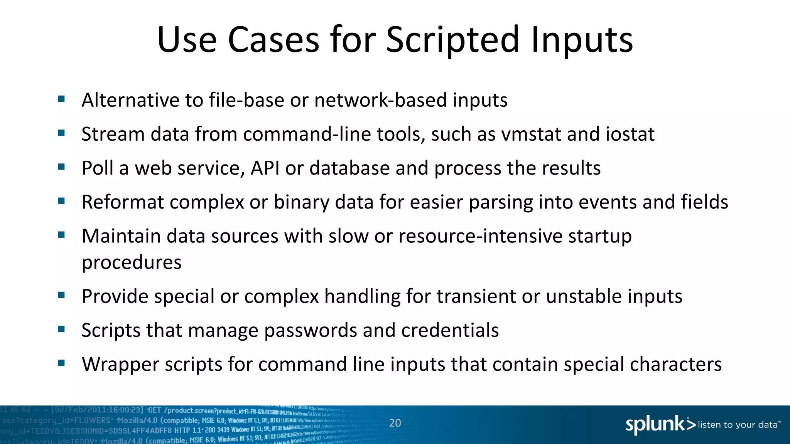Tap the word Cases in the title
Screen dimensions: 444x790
[x=273, y=40]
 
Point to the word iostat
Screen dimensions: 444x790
[x=630, y=134]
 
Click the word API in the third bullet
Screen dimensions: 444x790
[x=265, y=168]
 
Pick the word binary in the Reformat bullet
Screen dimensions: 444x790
[x=301, y=202]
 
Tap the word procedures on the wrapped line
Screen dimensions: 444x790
[x=132, y=263]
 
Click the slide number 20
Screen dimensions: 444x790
[x=395, y=423]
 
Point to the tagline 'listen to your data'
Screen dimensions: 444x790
[x=738, y=425]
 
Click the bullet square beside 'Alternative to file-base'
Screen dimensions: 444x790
[x=61, y=99]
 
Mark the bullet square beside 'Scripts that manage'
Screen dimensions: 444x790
[x=61, y=329]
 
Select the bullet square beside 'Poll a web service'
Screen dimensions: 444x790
[x=61, y=167]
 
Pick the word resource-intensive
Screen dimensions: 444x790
[x=480, y=236]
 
